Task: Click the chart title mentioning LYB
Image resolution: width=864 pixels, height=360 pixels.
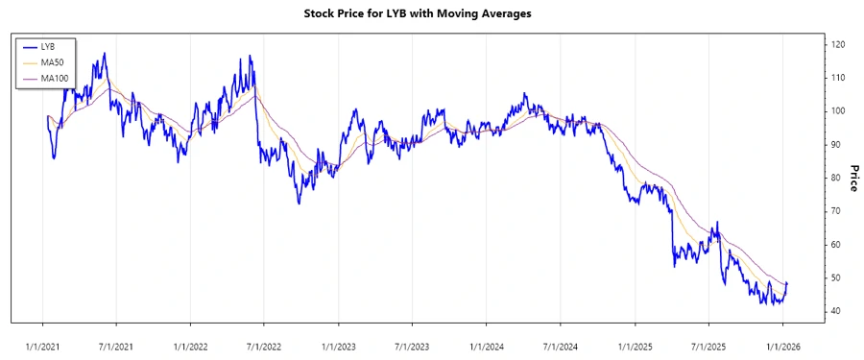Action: pyautogui.click(x=431, y=14)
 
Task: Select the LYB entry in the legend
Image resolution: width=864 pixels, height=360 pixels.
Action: pyautogui.click(x=49, y=46)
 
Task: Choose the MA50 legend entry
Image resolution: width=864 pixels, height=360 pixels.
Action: pyautogui.click(x=52, y=62)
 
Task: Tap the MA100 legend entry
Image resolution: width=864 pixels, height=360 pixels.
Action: pyautogui.click(x=54, y=78)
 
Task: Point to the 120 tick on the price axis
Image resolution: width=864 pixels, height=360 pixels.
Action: pyautogui.click(x=838, y=44)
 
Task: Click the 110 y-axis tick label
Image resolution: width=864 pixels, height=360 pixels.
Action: pyautogui.click(x=838, y=78)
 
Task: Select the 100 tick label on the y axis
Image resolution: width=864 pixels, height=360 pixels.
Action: pyautogui.click(x=838, y=111)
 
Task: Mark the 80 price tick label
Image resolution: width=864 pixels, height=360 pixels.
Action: pyautogui.click(x=836, y=178)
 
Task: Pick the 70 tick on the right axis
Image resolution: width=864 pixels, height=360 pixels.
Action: pyautogui.click(x=836, y=211)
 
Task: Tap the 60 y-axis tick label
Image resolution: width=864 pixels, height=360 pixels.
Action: pyautogui.click(x=836, y=245)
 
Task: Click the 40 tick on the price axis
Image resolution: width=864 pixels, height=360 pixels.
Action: pyautogui.click(x=836, y=311)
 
